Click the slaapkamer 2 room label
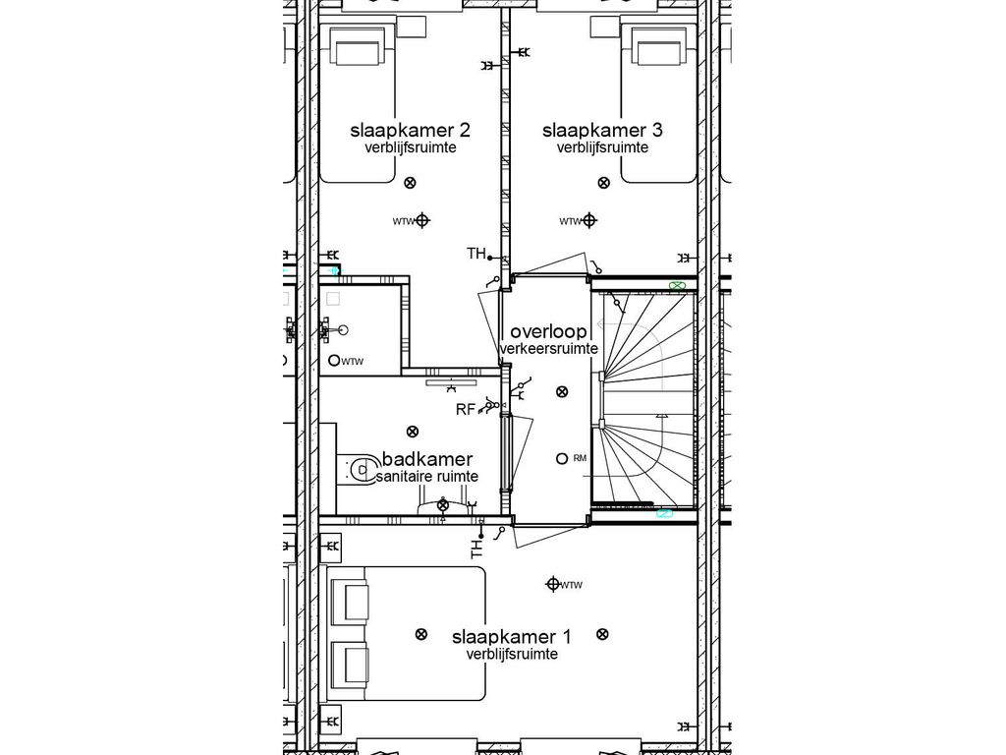[x=410, y=130]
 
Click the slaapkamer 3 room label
[x=601, y=130]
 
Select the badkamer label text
[x=427, y=459]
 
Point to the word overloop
[x=548, y=331]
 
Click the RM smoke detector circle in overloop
[x=561, y=458]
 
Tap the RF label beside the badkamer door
[x=465, y=409]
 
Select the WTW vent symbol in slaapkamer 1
[x=552, y=585]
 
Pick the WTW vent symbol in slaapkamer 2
[x=423, y=221]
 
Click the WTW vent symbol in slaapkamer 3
[x=589, y=221]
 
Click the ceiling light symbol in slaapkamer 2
[x=411, y=181]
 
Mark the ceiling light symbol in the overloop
[x=561, y=391]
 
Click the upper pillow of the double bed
[x=350, y=600]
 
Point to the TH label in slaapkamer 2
[x=475, y=255]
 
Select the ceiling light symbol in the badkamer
[x=412, y=431]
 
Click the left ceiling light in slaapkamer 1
[x=421, y=634]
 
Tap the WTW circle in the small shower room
[x=334, y=361]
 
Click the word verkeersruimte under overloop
[x=548, y=349]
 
